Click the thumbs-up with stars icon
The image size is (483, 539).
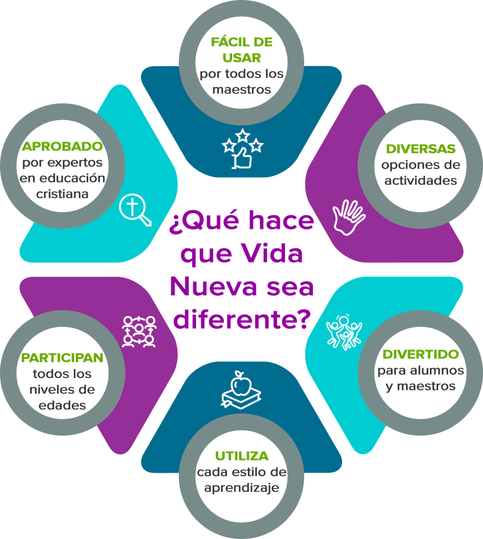(243, 149)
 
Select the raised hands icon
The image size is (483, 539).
(348, 217)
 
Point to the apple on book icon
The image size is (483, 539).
(241, 390)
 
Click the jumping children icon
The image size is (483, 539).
(344, 332)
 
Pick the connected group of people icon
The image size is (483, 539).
(139, 332)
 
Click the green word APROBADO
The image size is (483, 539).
(62, 146)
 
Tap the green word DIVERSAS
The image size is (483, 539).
(421, 149)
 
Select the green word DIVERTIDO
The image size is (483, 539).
(421, 354)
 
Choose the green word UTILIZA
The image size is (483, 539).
(242, 456)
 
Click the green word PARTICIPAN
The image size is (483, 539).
(62, 358)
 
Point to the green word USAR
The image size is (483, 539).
(242, 58)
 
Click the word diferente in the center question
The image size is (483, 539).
(236, 319)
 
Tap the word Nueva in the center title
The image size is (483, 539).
(213, 287)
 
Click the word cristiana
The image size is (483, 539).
(62, 194)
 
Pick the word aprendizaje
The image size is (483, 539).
(242, 488)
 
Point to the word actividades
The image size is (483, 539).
(421, 181)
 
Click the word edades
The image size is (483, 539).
(62, 405)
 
